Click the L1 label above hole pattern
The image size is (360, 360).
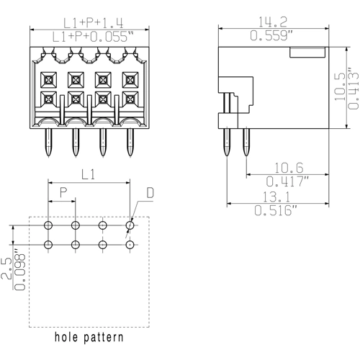(x=88, y=174)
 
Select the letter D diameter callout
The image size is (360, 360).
(x=150, y=194)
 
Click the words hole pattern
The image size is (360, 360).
(x=89, y=337)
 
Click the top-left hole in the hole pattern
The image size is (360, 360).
(x=48, y=226)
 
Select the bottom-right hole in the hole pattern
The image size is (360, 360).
(x=130, y=245)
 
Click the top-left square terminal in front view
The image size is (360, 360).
(x=49, y=78)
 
